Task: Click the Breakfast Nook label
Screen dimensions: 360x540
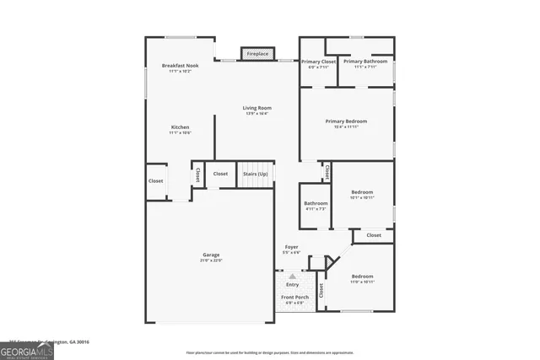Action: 181,66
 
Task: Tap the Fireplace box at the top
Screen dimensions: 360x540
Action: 257,54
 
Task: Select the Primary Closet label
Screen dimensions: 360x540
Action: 319,62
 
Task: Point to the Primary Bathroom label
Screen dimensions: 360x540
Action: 365,62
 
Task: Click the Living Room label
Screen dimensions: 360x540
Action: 256,108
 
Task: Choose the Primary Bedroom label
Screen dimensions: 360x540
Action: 346,121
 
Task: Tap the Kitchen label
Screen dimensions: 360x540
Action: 181,127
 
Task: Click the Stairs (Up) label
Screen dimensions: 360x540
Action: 256,174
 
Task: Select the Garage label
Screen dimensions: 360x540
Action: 210,254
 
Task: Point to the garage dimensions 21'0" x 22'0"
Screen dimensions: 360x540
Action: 210,260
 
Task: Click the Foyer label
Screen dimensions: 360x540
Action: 291,246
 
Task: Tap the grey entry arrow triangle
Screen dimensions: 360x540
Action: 293,276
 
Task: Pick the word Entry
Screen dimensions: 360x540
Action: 293,284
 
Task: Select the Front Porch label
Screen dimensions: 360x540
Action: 294,298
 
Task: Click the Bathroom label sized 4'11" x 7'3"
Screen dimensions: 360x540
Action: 316,203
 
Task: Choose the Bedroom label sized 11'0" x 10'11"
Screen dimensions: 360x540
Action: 362,277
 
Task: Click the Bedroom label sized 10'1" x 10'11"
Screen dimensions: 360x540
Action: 362,192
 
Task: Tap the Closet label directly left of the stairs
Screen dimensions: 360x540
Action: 220,174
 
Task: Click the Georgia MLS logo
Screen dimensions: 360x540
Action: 27,350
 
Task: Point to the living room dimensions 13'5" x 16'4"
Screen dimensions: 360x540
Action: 256,114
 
